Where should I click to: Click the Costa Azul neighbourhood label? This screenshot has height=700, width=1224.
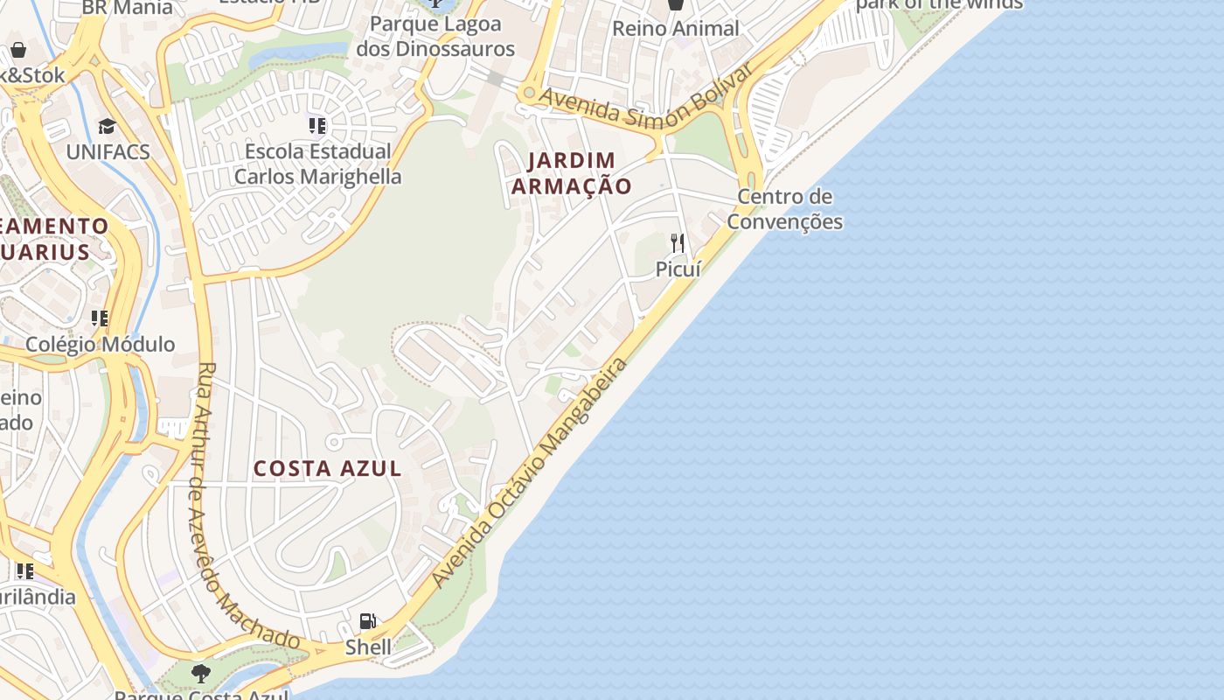[328, 469]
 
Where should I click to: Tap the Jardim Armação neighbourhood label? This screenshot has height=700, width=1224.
[571, 173]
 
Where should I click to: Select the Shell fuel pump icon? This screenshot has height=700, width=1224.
[368, 622]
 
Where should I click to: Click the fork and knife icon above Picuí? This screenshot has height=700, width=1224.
[678, 242]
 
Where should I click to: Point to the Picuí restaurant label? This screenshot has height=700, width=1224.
[678, 269]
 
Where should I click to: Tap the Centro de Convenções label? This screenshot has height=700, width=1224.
[784, 209]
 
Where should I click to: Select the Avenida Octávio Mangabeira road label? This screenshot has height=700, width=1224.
[530, 473]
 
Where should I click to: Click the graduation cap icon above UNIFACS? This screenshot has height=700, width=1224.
[107, 127]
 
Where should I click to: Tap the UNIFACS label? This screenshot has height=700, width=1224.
[108, 152]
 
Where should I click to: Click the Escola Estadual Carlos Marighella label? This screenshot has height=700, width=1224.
[318, 164]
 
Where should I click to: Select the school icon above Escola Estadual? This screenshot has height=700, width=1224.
[317, 126]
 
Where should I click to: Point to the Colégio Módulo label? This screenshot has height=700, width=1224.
[100, 345]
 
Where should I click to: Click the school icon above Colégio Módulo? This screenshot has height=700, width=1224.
[100, 318]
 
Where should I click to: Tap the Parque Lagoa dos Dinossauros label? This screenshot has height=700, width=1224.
[435, 36]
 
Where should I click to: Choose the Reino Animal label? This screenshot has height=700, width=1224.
[676, 28]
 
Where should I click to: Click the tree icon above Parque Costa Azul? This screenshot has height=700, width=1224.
[201, 673]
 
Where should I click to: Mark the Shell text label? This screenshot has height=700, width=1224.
[368, 647]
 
